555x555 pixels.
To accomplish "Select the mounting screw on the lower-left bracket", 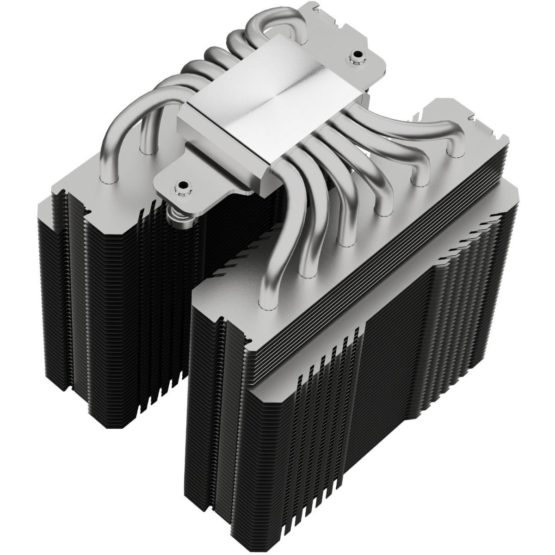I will pyautogui.click(x=180, y=187).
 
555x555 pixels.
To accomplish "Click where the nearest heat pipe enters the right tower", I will pyautogui.click(x=267, y=303).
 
